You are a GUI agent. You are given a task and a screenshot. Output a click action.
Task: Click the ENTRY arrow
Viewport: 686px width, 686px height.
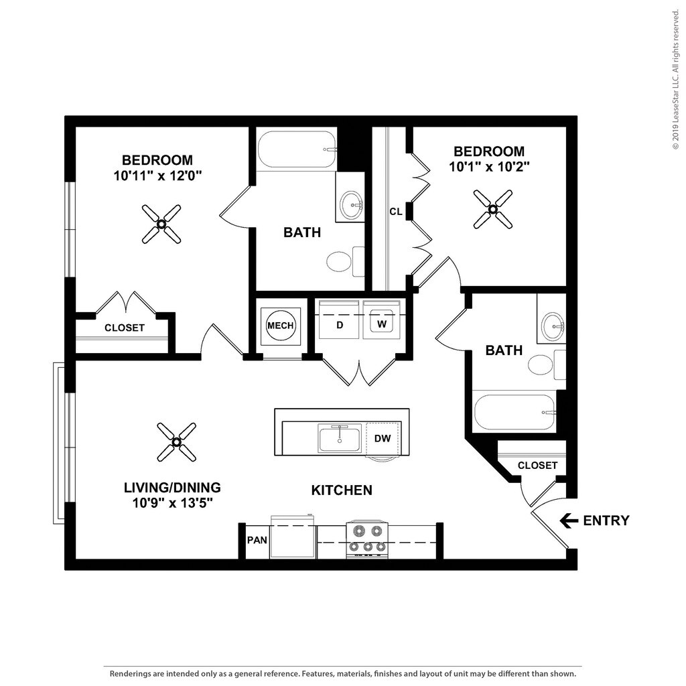(569, 520)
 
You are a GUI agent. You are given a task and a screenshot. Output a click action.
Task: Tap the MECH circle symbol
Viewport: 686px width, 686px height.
(280, 326)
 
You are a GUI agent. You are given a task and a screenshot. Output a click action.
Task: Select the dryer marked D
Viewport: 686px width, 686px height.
(340, 325)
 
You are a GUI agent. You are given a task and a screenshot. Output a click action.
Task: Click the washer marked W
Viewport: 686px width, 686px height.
(382, 324)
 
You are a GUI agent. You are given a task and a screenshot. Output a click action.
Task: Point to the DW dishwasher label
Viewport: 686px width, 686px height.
(382, 439)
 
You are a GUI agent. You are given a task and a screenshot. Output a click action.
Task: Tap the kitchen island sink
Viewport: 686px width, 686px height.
(340, 439)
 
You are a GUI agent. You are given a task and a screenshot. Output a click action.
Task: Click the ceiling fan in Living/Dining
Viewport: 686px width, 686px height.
(176, 441)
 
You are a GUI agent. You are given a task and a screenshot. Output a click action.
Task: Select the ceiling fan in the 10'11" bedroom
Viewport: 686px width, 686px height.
(161, 224)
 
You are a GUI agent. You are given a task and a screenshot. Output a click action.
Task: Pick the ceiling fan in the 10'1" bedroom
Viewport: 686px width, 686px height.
(492, 209)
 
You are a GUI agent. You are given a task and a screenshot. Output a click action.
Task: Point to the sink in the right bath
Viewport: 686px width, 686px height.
(552, 326)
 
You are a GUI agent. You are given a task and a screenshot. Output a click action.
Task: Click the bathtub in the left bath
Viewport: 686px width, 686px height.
(297, 149)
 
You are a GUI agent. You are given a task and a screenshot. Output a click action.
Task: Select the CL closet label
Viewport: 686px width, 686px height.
(396, 212)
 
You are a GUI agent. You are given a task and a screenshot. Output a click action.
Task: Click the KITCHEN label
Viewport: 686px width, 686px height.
(342, 490)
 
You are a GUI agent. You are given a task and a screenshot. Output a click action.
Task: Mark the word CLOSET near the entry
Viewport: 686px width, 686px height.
(537, 465)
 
